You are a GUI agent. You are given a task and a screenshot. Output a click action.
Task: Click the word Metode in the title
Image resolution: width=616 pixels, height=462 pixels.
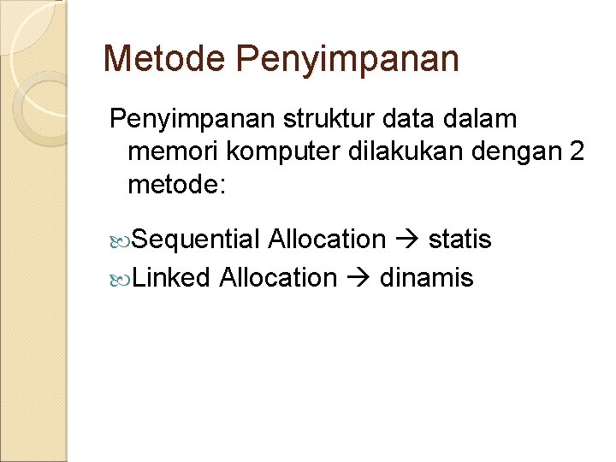(163, 59)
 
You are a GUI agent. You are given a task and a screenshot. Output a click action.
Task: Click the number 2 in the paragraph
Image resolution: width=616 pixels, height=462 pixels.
(577, 151)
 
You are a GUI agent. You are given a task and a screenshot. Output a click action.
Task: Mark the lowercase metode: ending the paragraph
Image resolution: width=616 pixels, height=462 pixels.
(175, 184)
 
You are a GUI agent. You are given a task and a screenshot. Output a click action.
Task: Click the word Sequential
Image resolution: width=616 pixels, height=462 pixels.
(196, 240)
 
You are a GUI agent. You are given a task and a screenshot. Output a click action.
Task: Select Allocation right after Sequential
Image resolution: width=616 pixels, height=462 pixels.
(327, 240)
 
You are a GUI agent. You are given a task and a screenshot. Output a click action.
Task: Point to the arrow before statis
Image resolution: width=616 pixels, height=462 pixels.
(407, 240)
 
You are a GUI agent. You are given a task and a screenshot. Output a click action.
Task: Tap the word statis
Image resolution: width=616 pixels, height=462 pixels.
(459, 240)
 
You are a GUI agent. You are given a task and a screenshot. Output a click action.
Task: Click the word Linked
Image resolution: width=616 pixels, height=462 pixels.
(172, 277)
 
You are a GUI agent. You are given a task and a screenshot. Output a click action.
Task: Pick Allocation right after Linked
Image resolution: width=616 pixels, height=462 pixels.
(278, 277)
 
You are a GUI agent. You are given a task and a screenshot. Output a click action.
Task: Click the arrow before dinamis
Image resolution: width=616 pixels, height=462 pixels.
(358, 278)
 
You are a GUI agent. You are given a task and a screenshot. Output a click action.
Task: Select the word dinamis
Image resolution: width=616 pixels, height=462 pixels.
(425, 277)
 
